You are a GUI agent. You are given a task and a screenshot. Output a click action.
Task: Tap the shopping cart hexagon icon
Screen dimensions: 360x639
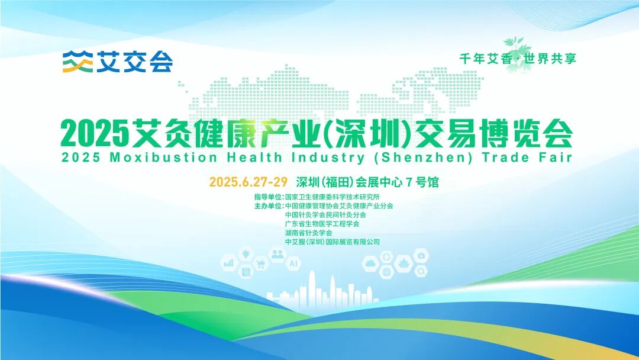click(x=261, y=264)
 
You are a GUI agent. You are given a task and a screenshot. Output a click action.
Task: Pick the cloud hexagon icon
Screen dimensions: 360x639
click(x=371, y=263)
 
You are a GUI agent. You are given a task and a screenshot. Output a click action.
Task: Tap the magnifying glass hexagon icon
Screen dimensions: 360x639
click(x=421, y=272)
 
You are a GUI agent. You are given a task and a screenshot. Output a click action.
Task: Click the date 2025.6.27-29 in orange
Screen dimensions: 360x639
click(x=248, y=182)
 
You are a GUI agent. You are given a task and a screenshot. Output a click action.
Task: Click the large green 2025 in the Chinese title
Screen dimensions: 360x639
click(x=95, y=134)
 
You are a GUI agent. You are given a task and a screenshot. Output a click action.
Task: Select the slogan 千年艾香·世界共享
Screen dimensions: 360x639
click(x=518, y=59)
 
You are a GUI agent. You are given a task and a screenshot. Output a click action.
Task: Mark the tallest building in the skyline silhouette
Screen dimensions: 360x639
click(x=312, y=284)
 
